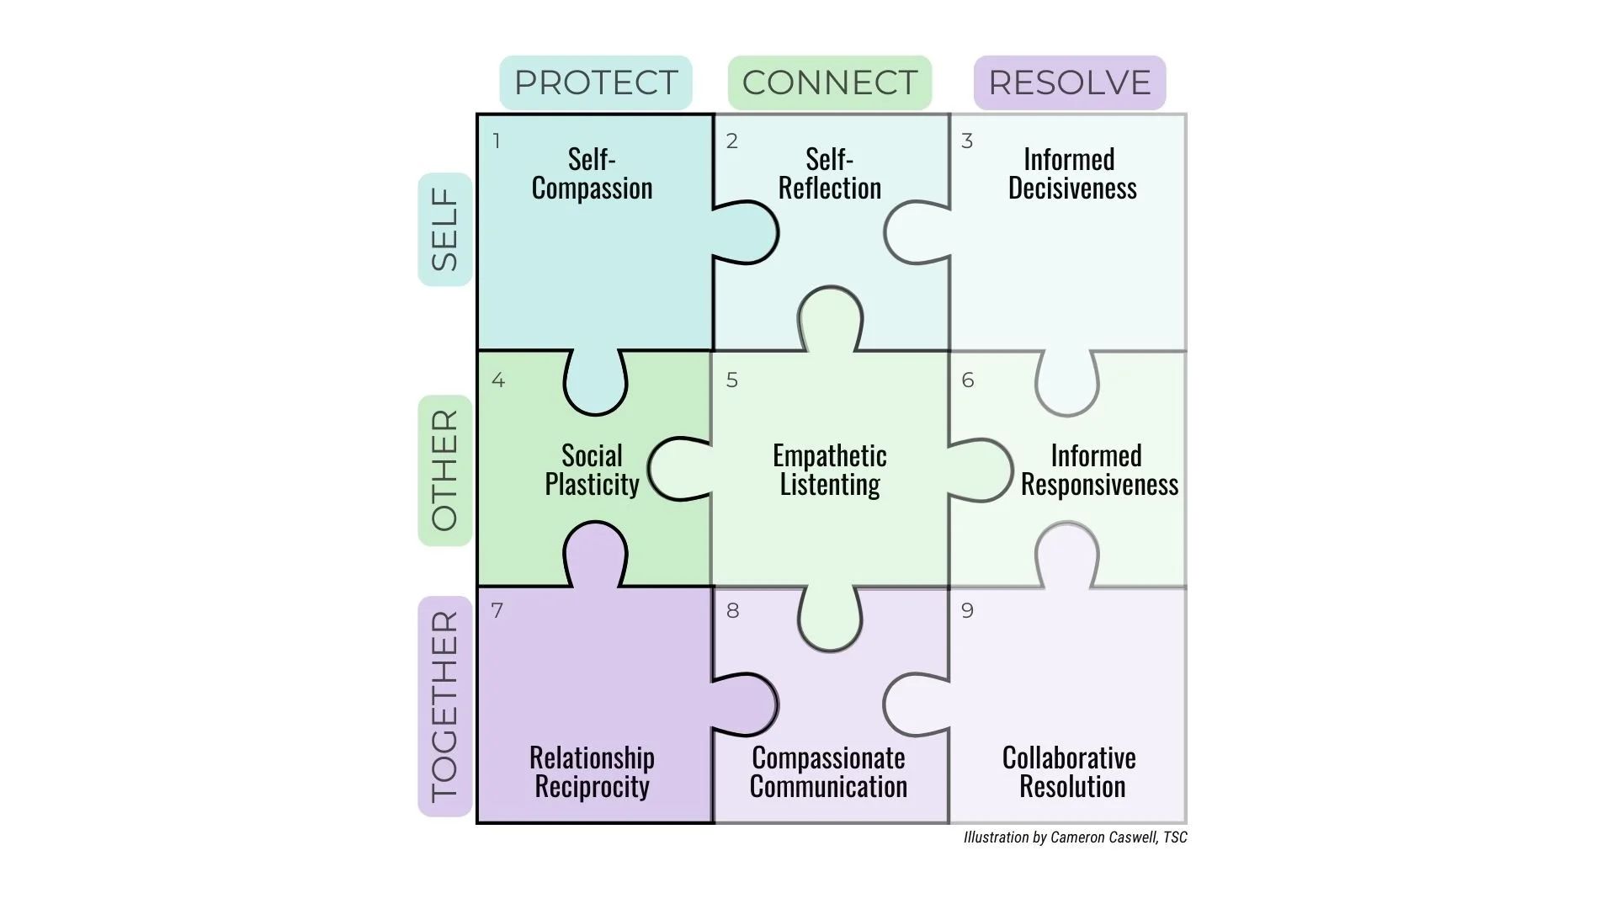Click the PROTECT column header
[x=596, y=82]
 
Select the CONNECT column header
[x=829, y=82]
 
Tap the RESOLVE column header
[x=1069, y=82]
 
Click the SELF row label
[x=444, y=229]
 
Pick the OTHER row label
[x=444, y=470]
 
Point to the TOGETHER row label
[x=444, y=705]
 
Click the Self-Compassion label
[x=592, y=173]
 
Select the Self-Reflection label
[x=829, y=173]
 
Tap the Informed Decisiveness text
[x=1071, y=173]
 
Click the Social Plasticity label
[x=592, y=470]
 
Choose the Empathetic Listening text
[x=829, y=470]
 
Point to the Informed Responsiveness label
[x=1098, y=470]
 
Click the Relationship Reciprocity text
[x=592, y=772]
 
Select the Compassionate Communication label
[x=828, y=772]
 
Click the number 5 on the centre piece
[x=732, y=380]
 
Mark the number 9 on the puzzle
[x=967, y=611]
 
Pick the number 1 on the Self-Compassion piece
[x=497, y=141]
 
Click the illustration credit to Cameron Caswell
[x=1075, y=837]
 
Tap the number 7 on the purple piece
[x=497, y=611]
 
